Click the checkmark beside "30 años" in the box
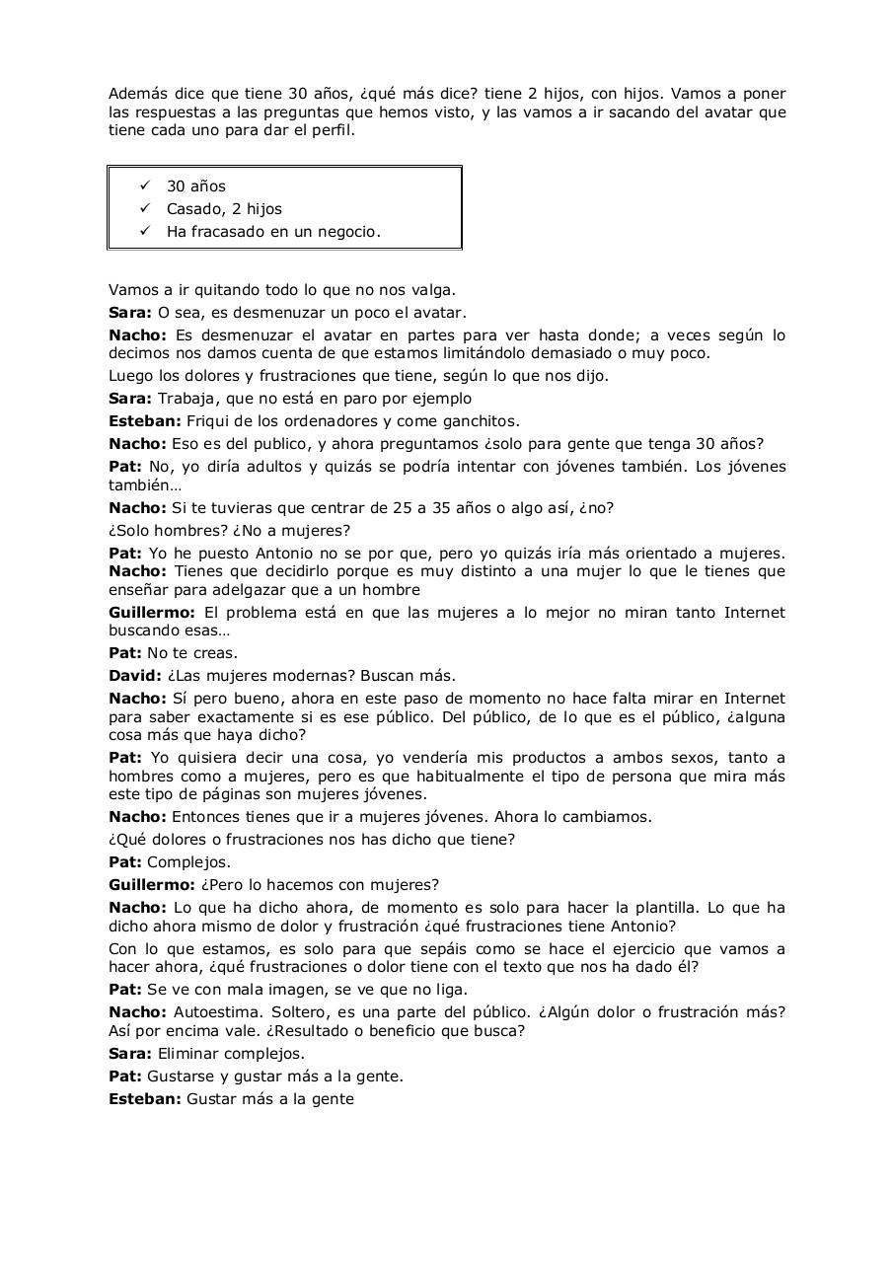[x=145, y=186]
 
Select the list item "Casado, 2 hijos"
[x=224, y=209]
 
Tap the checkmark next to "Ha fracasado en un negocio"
[x=145, y=232]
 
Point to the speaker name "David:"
[x=135, y=676]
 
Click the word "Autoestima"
[x=214, y=1012]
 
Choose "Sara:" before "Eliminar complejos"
[x=130, y=1054]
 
